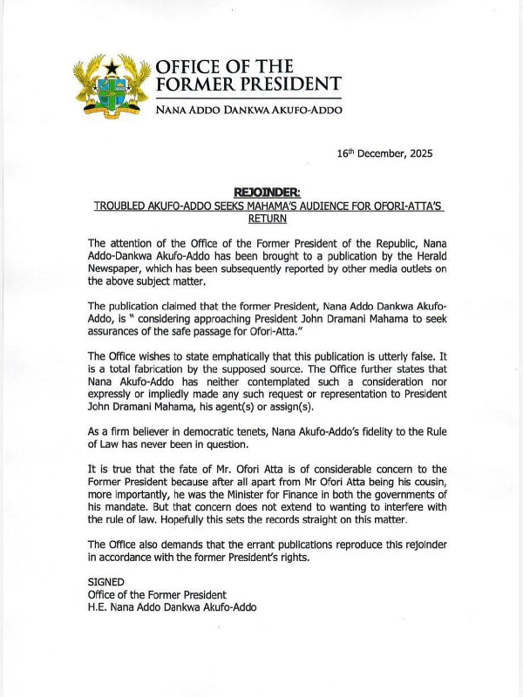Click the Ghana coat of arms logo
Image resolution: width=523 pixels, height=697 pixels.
tap(110, 86)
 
